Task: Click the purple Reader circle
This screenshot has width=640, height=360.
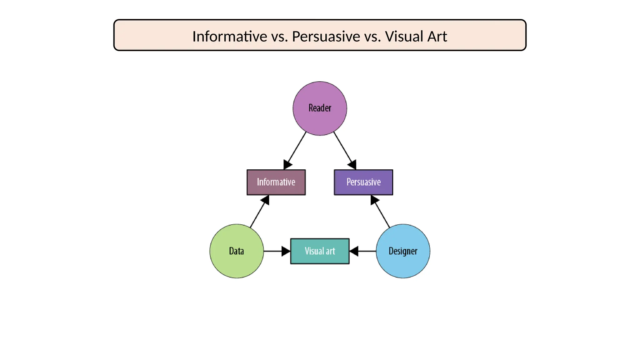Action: click(320, 94)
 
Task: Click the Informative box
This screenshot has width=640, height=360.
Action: click(276, 182)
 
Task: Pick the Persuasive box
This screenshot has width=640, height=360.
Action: click(363, 182)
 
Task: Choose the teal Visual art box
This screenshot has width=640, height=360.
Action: click(320, 251)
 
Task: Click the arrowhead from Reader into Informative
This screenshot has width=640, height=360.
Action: click(287, 165)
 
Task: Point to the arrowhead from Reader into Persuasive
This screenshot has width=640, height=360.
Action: click(352, 165)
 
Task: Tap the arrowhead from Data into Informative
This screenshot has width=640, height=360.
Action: click(265, 200)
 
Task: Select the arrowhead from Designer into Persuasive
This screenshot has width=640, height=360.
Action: click(374, 200)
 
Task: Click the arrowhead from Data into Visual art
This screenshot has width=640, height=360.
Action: click(285, 251)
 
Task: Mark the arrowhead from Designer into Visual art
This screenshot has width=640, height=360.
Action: click(354, 251)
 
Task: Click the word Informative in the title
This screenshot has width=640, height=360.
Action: click(229, 36)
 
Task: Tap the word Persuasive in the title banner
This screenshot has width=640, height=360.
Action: click(326, 36)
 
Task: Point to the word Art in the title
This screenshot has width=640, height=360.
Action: click(437, 36)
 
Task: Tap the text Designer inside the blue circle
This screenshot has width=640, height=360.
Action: click(403, 251)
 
